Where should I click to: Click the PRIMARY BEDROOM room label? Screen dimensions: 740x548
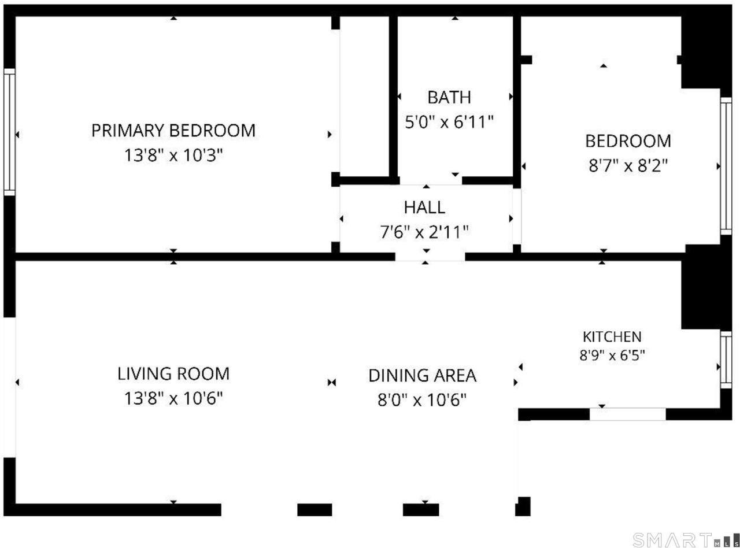click(173, 131)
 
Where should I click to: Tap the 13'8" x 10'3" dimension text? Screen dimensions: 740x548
click(173, 155)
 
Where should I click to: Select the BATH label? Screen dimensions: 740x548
click(449, 98)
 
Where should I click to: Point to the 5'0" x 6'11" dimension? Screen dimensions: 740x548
click(449, 122)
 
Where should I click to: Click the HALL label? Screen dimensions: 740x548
click(424, 208)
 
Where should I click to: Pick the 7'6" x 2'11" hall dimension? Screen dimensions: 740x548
click(424, 232)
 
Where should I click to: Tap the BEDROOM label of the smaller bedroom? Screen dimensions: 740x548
click(628, 141)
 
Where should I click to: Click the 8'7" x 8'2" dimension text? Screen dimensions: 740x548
click(628, 165)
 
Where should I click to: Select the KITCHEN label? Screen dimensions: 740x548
click(612, 337)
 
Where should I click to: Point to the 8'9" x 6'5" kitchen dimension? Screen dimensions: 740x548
click(612, 356)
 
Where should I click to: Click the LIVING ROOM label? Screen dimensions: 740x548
click(173, 373)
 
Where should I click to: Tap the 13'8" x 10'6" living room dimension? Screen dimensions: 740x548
click(173, 398)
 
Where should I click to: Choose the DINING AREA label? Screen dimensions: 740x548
click(422, 376)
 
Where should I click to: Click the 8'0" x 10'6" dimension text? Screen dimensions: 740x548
click(422, 400)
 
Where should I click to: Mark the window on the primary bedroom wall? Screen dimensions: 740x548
click(9, 132)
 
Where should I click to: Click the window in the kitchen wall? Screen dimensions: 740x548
click(726, 360)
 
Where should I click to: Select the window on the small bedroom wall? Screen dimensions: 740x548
click(726, 166)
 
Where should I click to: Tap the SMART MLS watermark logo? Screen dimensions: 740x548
click(686, 540)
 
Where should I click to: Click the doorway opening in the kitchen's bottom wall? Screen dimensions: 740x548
click(628, 414)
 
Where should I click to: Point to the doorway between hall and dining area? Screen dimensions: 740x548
click(430, 256)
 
